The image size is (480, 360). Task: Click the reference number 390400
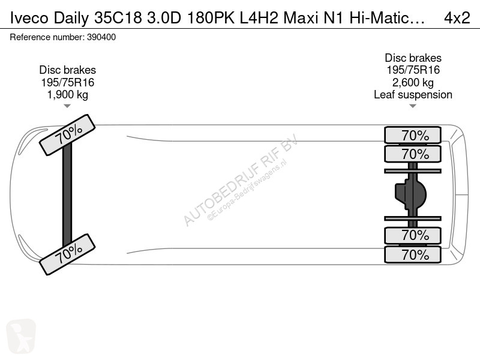coord(101,37)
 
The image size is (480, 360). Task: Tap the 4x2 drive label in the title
coord(457,18)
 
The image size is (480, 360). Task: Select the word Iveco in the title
coord(29,18)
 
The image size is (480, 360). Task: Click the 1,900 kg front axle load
coord(68,95)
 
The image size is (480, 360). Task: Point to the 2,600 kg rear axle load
coord(413,82)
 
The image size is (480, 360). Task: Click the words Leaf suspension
coord(413,95)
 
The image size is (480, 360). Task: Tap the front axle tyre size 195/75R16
coord(68,82)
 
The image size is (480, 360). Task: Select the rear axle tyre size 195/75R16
coord(413,70)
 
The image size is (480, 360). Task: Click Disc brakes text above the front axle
coord(68,70)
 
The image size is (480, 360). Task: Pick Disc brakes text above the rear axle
coord(413,58)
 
